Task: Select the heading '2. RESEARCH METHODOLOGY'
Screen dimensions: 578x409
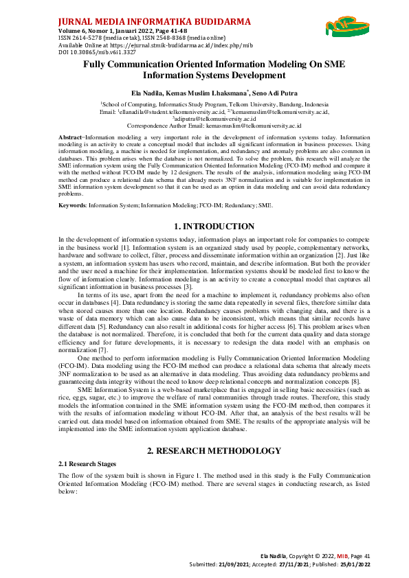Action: [x=205, y=450]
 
